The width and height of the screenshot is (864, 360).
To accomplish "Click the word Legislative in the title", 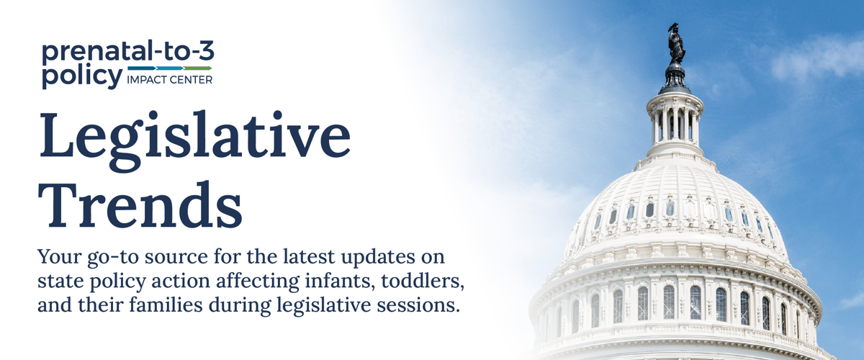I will click(x=194, y=137).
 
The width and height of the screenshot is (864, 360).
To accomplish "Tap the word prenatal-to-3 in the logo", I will click(x=127, y=53).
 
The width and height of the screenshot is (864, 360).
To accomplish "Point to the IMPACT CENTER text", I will click(x=169, y=80).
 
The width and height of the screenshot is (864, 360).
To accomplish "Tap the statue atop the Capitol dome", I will click(x=675, y=43).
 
